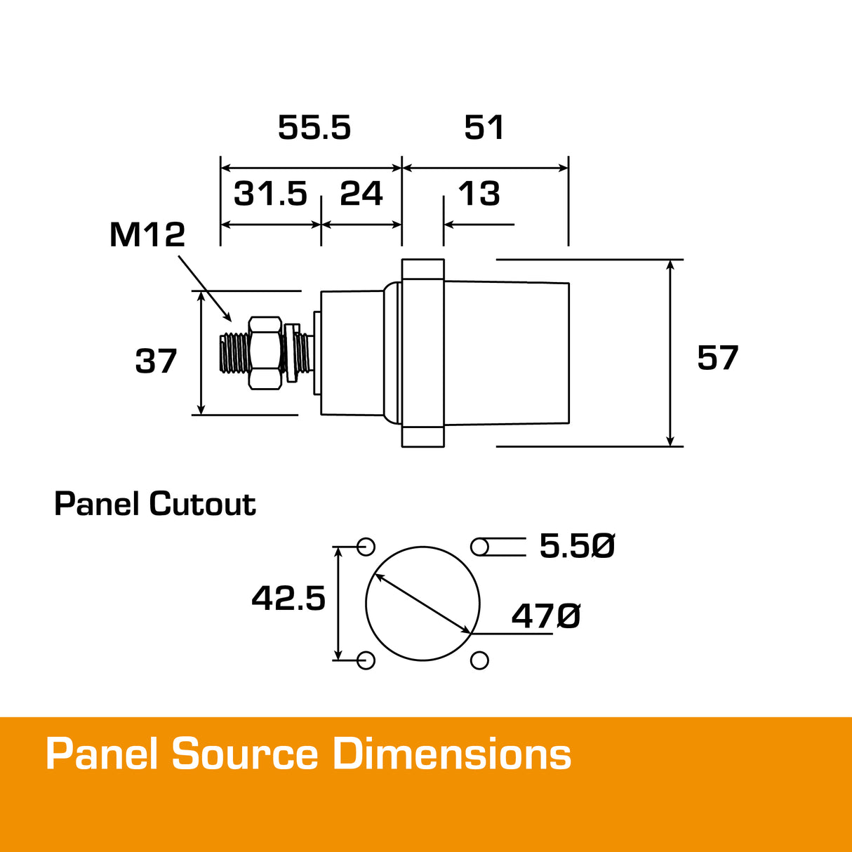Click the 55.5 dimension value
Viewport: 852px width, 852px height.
314,128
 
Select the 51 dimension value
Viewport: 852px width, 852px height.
484,128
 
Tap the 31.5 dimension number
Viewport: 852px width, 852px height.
270,194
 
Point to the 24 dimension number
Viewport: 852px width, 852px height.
361,194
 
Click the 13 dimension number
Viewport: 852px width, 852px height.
479,194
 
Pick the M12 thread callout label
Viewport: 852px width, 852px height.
147,235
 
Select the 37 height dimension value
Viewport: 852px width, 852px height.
156,361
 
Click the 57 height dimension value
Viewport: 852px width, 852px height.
717,358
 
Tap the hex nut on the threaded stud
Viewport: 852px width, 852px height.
265,352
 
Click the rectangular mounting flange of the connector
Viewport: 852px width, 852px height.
422,353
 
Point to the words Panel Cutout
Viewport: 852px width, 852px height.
155,504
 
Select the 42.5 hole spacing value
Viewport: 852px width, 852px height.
288,599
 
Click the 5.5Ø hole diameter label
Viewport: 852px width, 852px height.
577,546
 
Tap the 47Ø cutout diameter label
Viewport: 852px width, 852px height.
546,616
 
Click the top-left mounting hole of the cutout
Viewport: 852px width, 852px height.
366,547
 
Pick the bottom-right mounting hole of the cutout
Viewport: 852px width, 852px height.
479,660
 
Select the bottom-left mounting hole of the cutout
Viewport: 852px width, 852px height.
366,660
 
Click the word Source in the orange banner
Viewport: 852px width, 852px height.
245,755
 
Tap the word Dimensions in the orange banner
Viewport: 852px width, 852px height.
451,755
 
